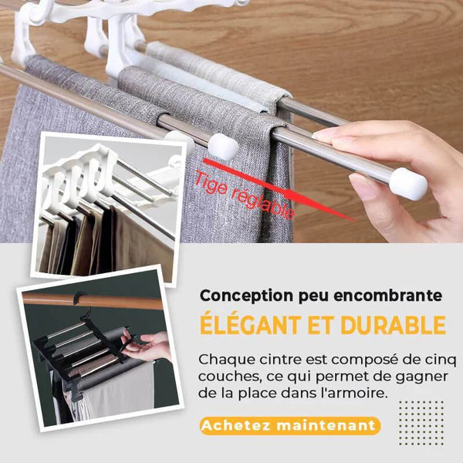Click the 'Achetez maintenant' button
[x=290, y=425]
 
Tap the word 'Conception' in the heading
[x=247, y=296]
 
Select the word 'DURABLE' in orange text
[x=393, y=325]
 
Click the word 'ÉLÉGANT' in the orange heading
[x=250, y=325]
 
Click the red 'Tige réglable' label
[x=244, y=195]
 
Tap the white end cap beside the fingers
[x=407, y=183]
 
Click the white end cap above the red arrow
[x=223, y=147]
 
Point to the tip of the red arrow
[x=353, y=221]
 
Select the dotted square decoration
[x=421, y=423]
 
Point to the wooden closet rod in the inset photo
[x=93, y=301]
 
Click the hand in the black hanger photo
[x=146, y=346]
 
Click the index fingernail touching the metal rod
[x=321, y=135]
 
